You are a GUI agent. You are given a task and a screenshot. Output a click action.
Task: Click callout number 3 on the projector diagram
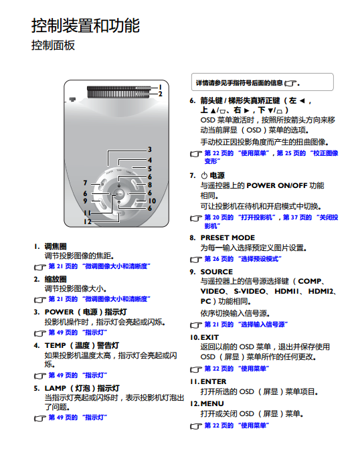click(149, 149)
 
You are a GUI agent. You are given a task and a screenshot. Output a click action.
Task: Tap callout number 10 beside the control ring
click(152, 201)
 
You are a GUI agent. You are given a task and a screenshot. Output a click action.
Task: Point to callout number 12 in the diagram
click(87, 221)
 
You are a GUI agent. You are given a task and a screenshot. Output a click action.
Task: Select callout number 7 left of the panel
click(86, 183)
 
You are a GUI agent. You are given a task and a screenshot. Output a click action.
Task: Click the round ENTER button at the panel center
click(119, 194)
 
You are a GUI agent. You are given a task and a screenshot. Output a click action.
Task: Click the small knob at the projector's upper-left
click(72, 100)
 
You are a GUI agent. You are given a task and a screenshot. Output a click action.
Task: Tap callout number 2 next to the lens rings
click(160, 94)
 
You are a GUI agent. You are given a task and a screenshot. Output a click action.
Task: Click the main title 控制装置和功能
click(86, 25)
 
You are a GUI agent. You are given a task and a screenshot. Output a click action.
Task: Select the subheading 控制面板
click(53, 45)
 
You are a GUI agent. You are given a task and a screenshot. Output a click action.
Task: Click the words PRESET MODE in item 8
click(228, 238)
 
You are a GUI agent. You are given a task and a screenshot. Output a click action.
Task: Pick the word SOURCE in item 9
click(217, 272)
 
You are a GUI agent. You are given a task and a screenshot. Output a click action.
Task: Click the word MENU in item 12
click(212, 403)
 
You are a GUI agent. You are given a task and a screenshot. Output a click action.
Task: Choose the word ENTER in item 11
click(213, 381)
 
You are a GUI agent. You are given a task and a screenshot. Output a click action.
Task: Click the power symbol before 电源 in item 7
click(204, 175)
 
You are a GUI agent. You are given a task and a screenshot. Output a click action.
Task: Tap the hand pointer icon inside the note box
click(290, 84)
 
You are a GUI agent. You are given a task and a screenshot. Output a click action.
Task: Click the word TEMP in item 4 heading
click(55, 345)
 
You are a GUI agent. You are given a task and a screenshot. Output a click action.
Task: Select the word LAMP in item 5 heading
click(55, 388)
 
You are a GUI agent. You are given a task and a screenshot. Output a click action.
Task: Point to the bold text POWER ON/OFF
click(276, 185)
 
